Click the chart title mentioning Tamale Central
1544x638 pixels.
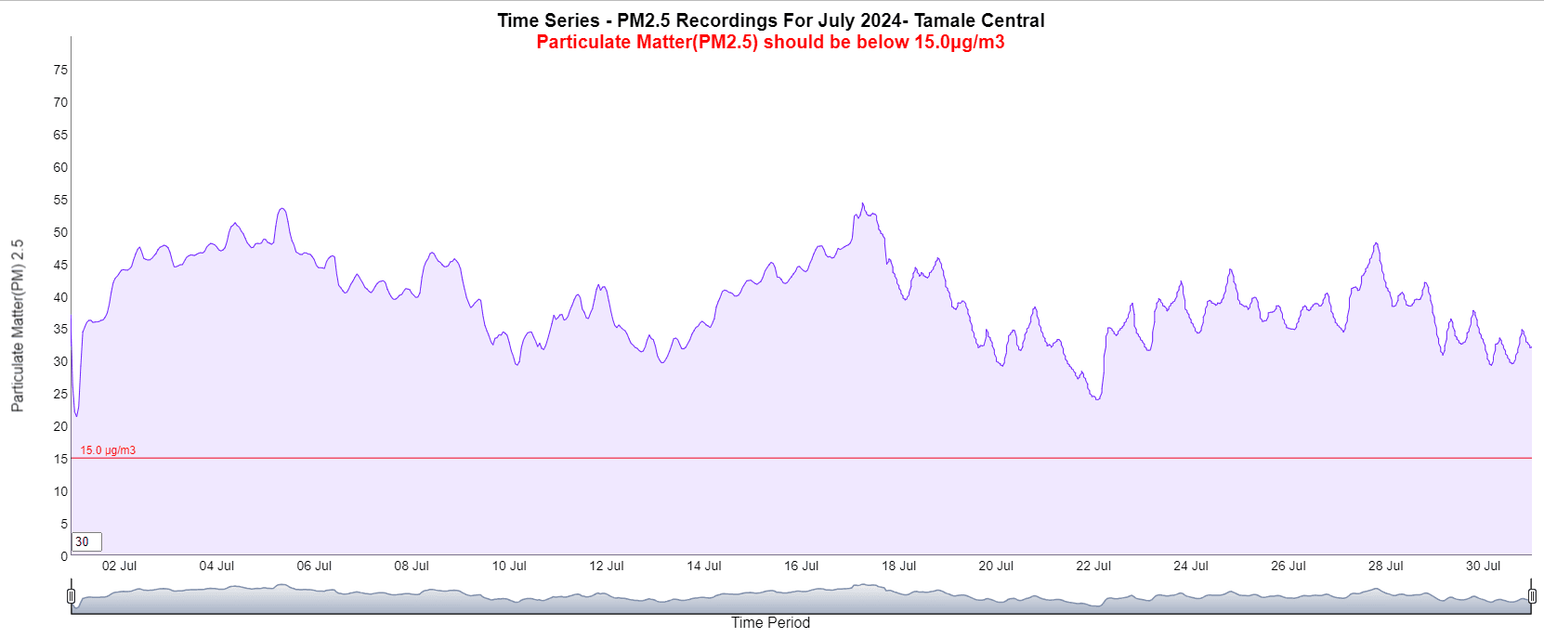770,20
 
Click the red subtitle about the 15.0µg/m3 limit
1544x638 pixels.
770,42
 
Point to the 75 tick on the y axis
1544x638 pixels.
60,70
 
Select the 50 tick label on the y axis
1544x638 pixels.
60,232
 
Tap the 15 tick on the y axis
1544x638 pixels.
60,459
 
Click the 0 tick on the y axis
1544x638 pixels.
64,556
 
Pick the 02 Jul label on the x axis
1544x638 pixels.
119,566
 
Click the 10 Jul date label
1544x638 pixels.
509,566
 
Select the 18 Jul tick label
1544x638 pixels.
898,566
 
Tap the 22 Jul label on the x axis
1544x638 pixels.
1093,566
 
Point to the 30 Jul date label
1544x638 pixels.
1483,566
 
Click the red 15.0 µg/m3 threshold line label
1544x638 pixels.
108,450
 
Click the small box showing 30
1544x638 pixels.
86,541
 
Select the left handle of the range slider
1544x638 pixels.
72,595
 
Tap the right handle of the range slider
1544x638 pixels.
1532,595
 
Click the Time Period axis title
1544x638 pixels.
770,622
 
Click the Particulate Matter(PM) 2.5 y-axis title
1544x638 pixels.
18,325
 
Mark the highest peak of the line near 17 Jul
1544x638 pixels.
862,203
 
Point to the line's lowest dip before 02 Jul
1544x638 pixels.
76,415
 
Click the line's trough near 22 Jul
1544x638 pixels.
1098,399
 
